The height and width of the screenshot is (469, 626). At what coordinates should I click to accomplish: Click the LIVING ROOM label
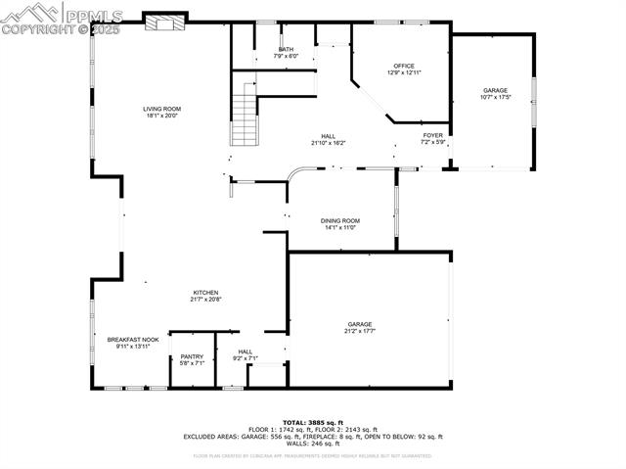click(162, 109)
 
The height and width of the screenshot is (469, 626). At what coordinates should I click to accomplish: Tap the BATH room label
click(286, 49)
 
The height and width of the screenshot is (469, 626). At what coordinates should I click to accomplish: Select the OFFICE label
click(404, 66)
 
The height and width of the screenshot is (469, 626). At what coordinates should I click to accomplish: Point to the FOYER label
click(433, 135)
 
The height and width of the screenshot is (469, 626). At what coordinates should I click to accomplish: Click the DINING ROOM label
click(340, 220)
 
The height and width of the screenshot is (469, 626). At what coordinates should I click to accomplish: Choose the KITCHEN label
click(204, 292)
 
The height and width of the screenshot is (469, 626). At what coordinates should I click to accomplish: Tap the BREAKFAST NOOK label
click(133, 340)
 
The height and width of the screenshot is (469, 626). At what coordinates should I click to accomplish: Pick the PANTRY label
click(192, 356)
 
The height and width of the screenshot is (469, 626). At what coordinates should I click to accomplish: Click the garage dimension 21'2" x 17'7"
click(359, 331)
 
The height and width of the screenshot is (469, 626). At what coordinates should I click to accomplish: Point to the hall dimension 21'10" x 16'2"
click(328, 143)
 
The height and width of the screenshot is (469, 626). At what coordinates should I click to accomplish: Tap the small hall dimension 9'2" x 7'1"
click(245, 358)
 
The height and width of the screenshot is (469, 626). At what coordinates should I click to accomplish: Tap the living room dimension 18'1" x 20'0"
click(162, 116)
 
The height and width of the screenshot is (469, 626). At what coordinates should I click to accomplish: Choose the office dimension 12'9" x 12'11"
click(404, 72)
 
